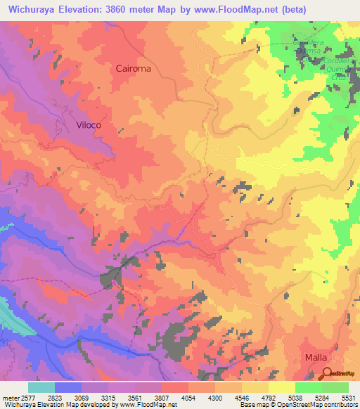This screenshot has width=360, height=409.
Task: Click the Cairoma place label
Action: click(134, 69)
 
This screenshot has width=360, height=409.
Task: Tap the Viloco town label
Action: click(89, 124)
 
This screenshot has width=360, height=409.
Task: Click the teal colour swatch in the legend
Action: click(41, 387)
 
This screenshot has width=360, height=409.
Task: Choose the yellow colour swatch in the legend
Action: click(281, 387)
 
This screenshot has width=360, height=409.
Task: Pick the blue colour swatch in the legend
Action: click(68, 387)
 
